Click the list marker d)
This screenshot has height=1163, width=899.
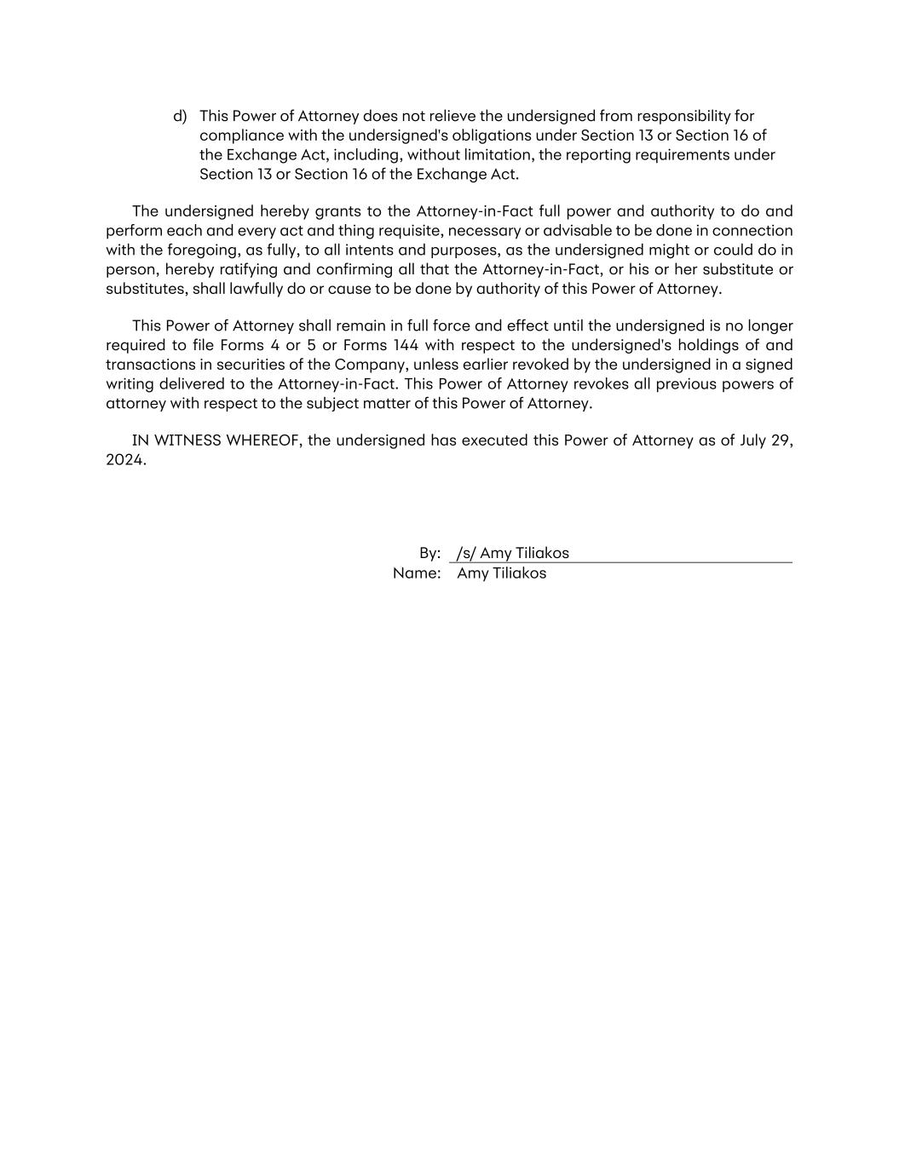pos(180,116)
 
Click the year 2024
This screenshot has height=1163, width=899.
pos(125,460)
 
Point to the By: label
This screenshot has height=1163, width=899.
pos(429,554)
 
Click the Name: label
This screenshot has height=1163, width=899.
pos(417,573)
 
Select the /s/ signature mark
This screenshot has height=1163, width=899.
pos(465,554)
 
